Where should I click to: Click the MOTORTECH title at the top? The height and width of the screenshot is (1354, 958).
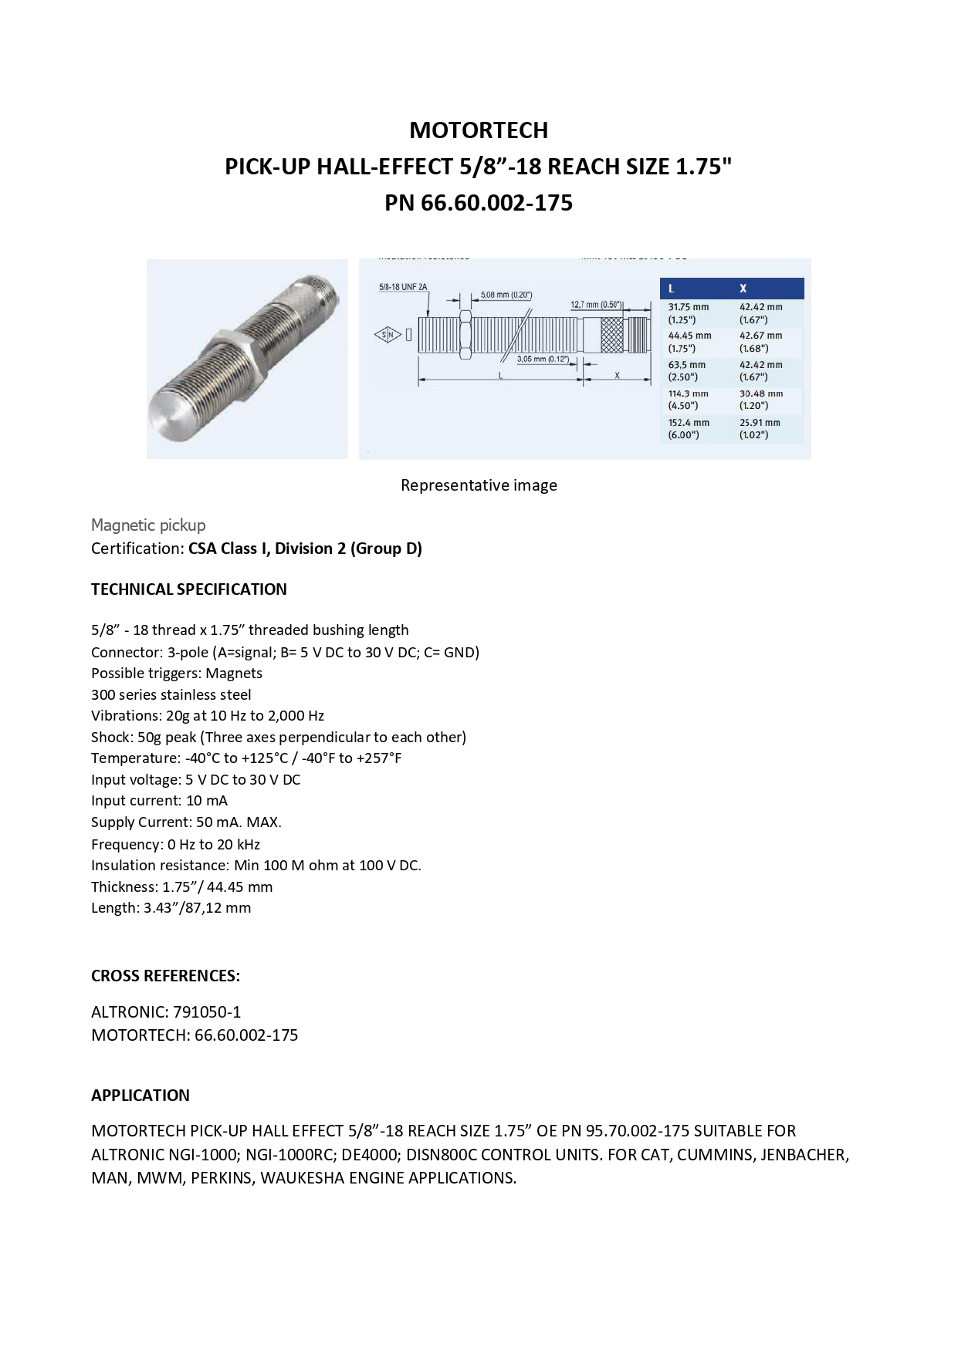click(479, 130)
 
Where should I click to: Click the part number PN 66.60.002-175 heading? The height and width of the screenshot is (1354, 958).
click(479, 202)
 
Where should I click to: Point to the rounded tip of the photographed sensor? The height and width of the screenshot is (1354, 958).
click(169, 417)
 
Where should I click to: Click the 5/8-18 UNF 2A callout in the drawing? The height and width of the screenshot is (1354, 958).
click(402, 287)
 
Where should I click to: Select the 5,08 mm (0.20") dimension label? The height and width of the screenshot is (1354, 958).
click(506, 295)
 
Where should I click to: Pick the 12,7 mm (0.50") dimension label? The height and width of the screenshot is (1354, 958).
click(596, 305)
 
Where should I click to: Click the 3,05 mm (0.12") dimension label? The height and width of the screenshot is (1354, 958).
click(543, 359)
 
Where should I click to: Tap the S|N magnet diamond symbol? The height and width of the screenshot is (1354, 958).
click(388, 334)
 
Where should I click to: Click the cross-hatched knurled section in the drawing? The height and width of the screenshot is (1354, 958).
click(611, 335)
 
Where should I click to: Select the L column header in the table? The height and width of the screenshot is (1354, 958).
click(672, 289)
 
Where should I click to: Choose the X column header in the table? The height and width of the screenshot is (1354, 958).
click(743, 289)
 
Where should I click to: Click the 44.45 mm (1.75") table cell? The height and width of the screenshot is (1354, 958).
click(689, 342)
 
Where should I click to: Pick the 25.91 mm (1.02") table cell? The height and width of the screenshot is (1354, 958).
click(760, 428)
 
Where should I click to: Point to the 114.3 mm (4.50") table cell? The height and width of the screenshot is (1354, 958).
click(688, 399)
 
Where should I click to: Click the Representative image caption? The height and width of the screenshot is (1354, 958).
click(479, 485)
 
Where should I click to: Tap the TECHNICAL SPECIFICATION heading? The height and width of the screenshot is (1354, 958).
click(189, 589)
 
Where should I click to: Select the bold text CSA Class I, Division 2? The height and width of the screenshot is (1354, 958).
click(304, 549)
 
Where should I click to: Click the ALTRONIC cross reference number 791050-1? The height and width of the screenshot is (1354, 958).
click(207, 1011)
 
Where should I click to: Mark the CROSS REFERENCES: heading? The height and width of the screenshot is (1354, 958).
click(165, 975)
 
